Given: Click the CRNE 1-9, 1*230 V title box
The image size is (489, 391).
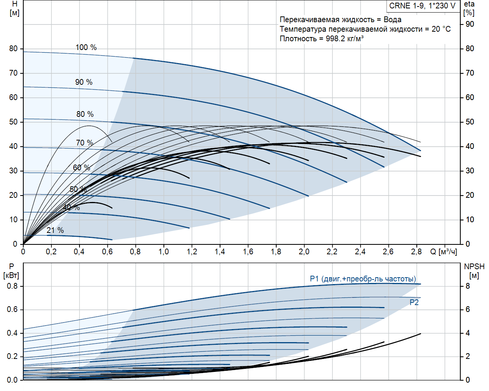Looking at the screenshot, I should [422, 6].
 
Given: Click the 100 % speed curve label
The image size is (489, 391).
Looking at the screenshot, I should [86, 47].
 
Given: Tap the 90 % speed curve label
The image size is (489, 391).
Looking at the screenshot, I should [84, 82].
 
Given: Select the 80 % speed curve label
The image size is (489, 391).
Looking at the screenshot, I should [85, 114].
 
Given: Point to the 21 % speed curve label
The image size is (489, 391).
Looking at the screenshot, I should [55, 230].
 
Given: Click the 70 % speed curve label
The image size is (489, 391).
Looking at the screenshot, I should [84, 143].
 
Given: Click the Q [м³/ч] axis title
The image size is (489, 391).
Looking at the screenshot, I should [443, 252].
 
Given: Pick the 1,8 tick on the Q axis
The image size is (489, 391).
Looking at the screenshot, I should [276, 252].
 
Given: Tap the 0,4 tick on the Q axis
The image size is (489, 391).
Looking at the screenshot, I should [79, 252].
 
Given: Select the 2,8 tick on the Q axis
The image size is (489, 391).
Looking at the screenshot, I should [416, 252].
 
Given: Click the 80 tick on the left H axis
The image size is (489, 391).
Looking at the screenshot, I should [13, 48].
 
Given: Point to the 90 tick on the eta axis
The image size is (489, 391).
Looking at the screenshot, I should [470, 24].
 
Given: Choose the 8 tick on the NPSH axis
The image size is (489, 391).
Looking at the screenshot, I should [467, 286].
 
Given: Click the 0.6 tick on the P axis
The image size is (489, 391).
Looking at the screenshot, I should [12, 309].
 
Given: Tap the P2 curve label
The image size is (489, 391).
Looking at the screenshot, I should [414, 302].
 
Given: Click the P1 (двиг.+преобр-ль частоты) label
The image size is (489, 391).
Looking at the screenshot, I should [363, 279].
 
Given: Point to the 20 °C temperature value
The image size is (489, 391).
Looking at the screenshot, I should [441, 29].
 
